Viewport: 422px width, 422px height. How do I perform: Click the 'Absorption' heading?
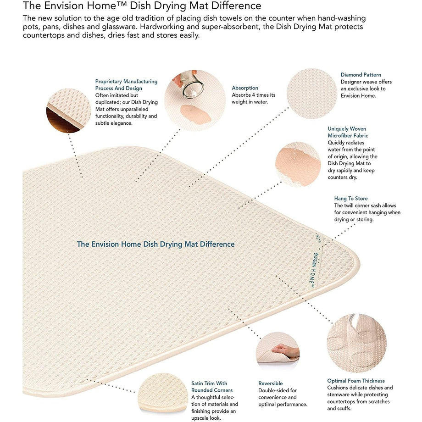[245, 88]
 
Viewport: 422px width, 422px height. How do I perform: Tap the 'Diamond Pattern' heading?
[361, 75]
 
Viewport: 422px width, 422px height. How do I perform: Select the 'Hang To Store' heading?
[351, 199]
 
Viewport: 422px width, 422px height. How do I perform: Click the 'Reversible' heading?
[271, 383]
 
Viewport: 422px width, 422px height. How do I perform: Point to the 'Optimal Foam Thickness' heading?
[356, 381]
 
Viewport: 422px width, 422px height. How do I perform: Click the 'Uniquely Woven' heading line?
[347, 128]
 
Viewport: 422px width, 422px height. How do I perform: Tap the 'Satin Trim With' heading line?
[209, 383]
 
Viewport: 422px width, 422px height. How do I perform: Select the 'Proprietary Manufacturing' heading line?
[126, 81]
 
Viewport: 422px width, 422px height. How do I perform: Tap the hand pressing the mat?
[286, 351]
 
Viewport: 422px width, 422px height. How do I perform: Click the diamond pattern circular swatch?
[312, 94]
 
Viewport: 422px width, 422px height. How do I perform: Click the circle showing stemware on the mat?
[356, 344]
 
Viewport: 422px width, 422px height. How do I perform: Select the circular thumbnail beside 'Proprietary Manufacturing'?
[68, 111]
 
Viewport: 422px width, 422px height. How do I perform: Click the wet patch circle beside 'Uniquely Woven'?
[298, 164]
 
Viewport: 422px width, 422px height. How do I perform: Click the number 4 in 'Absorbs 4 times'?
[254, 95]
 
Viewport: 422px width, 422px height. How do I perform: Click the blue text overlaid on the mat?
[155, 244]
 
